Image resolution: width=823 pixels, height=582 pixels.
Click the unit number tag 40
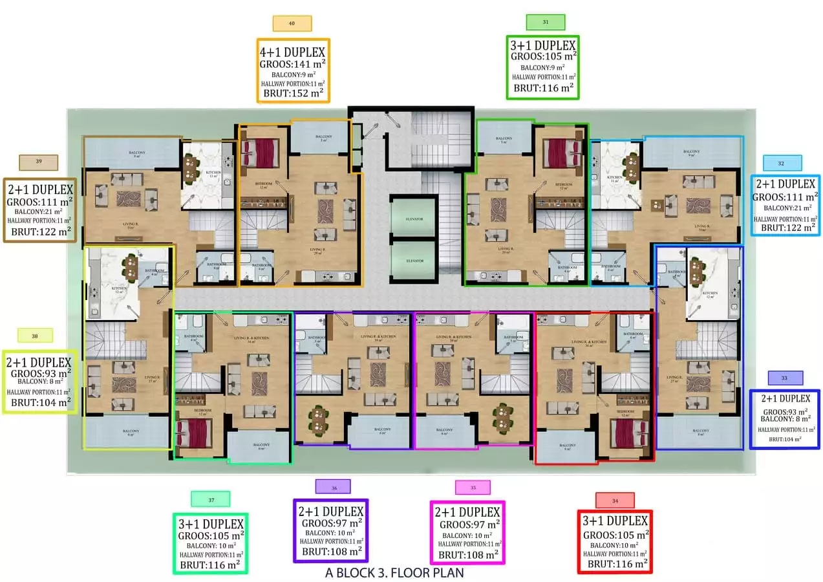pyautogui.click(x=292, y=23)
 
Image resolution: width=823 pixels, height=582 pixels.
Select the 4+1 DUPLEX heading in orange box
pyautogui.click(x=293, y=52)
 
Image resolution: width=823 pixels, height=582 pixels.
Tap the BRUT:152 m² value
pyautogui.click(x=293, y=93)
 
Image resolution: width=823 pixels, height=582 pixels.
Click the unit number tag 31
pyautogui.click(x=546, y=22)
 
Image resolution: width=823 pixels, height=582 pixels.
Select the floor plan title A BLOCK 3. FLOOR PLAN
pyautogui.click(x=394, y=573)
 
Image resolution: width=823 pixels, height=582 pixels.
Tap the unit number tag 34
pyautogui.click(x=614, y=500)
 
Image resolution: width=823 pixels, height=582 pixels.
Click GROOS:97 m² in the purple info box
pyautogui.click(x=330, y=523)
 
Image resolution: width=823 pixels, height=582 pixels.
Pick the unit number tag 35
pyautogui.click(x=473, y=488)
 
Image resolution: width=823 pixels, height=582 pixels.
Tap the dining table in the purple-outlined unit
pyautogui.click(x=320, y=420)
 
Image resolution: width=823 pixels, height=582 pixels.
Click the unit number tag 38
pyautogui.click(x=35, y=336)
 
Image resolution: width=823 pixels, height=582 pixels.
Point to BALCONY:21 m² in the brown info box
pyautogui.click(x=40, y=211)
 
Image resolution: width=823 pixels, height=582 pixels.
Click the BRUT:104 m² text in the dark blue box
pyautogui.click(x=784, y=439)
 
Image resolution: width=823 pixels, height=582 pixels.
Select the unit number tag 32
pyautogui.click(x=782, y=163)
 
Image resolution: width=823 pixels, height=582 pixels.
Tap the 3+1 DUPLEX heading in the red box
pyautogui.click(x=615, y=521)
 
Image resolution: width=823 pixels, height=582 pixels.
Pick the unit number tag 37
pyautogui.click(x=210, y=499)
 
